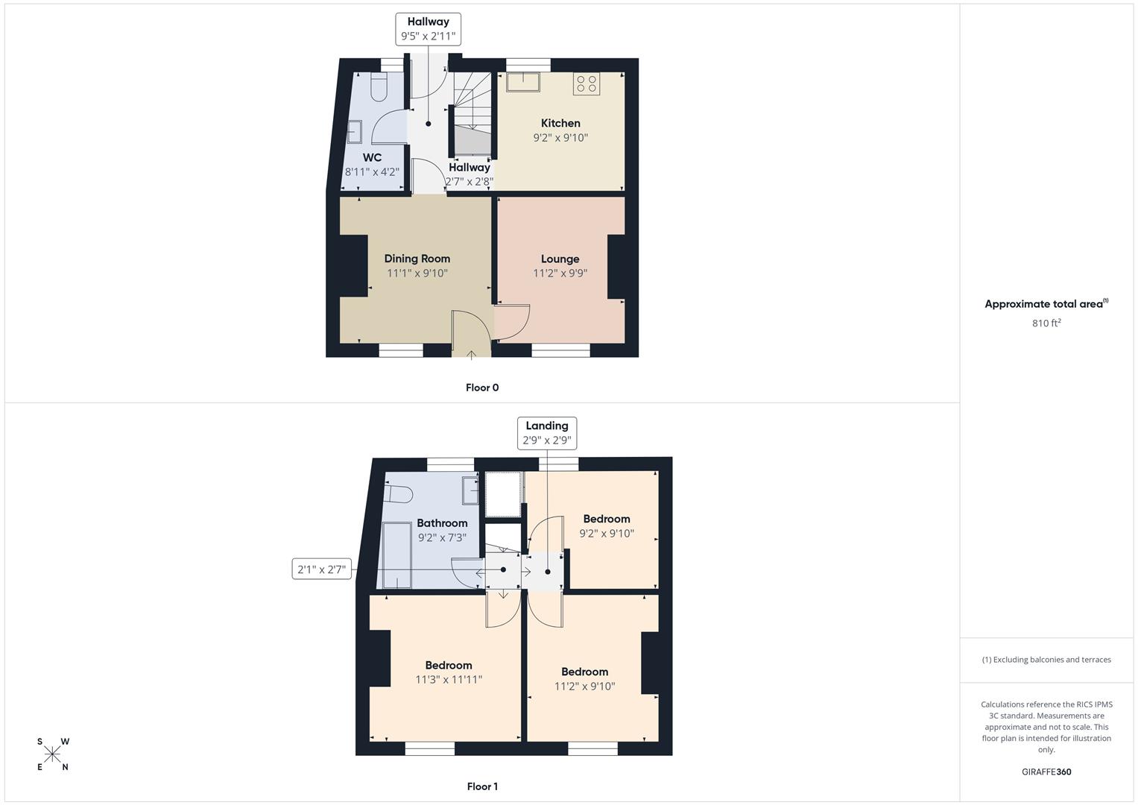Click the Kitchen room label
(560, 123)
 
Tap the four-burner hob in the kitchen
(587, 83)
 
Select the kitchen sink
(522, 82)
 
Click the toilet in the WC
(379, 87)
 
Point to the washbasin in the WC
(354, 132)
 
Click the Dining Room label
(417, 259)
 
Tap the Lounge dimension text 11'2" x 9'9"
(560, 274)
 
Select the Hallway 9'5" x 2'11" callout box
(429, 29)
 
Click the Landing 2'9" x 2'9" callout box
(547, 433)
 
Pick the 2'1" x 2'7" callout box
(322, 569)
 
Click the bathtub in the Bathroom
(396, 555)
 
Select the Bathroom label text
(442, 523)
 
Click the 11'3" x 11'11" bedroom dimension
(449, 680)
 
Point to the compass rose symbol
(52, 754)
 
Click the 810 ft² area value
(1046, 323)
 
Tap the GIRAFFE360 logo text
(1046, 771)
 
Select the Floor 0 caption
(482, 388)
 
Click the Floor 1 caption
(482, 786)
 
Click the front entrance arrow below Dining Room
(471, 355)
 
